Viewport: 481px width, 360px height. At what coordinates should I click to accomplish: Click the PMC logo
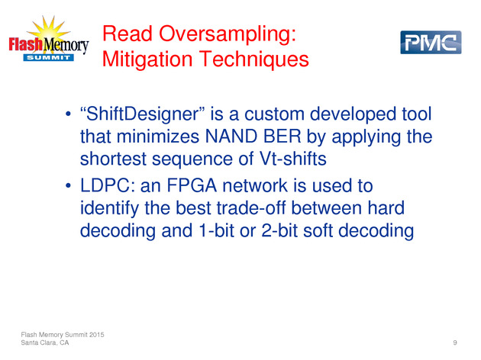pyautogui.click(x=431, y=42)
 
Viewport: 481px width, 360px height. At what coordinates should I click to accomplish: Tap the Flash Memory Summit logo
pyautogui.click(x=49, y=39)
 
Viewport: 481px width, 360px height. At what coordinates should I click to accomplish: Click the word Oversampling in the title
pyautogui.click(x=228, y=34)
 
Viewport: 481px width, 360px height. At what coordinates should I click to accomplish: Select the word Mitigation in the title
pyautogui.click(x=147, y=59)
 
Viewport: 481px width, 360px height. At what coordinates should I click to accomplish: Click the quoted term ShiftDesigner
pyautogui.click(x=142, y=114)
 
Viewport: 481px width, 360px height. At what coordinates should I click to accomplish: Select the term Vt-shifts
pyautogui.click(x=293, y=159)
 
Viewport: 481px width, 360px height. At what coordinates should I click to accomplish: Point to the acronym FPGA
pyautogui.click(x=192, y=185)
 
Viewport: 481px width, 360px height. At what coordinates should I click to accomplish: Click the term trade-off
pyautogui.click(x=251, y=208)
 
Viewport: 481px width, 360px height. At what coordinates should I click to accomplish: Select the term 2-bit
pyautogui.click(x=279, y=230)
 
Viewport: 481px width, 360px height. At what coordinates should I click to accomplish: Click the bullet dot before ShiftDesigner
pyautogui.click(x=68, y=114)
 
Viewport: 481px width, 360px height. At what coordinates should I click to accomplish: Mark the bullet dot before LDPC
pyautogui.click(x=68, y=185)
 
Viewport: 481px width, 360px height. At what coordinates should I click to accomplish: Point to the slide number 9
pyautogui.click(x=455, y=342)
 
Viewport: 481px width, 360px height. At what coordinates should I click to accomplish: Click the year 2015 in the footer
pyautogui.click(x=97, y=335)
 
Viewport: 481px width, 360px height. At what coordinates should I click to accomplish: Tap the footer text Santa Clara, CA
pyautogui.click(x=45, y=342)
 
